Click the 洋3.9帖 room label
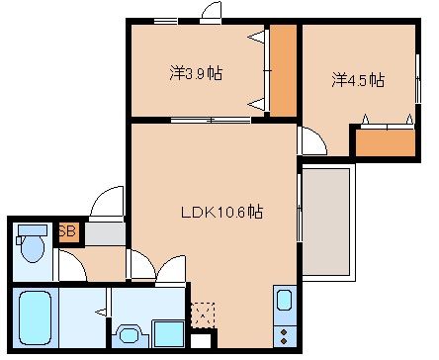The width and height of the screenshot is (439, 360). click(195, 73)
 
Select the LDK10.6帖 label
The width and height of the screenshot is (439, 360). click(220, 211)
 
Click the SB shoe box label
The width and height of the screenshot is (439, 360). click(68, 232)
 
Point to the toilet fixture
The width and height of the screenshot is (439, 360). click(32, 244)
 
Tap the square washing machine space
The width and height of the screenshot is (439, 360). click(166, 335)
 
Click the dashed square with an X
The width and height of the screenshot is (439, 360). click(203, 314)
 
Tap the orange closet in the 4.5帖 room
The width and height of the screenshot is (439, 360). click(384, 140)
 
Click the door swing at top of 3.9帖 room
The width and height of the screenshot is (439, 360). click(211, 12)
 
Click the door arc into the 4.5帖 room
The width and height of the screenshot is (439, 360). click(309, 140)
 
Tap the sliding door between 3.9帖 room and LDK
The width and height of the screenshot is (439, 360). click(209, 120)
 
